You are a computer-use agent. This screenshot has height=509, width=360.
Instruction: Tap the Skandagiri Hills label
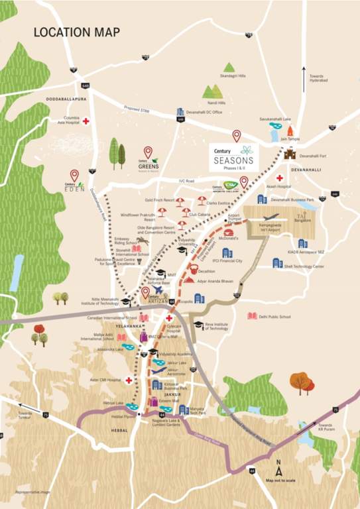233,76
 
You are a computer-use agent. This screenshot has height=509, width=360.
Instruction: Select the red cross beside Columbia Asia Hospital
86,121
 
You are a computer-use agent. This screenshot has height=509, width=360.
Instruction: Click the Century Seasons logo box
234,158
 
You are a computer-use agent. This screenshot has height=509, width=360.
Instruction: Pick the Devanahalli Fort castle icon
290,154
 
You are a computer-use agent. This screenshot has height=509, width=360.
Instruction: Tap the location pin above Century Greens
148,152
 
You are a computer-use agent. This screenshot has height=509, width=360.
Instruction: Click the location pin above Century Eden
74,175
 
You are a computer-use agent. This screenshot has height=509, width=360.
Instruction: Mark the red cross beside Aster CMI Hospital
128,381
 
